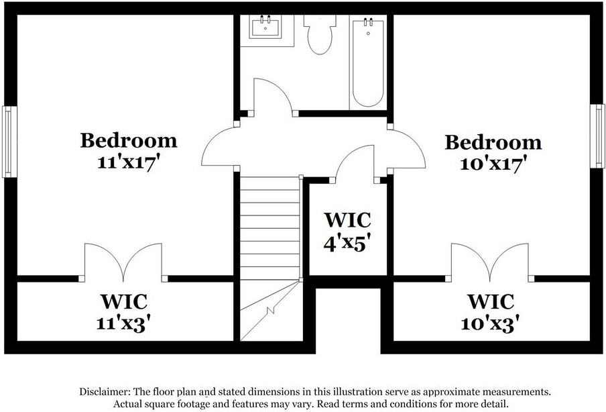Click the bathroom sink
click(267, 28)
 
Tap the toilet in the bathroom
click(320, 34)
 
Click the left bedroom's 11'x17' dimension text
click(129, 162)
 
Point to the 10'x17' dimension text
click(493, 164)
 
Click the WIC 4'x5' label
click(347, 231)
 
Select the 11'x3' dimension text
click(123, 322)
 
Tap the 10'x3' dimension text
click(491, 323)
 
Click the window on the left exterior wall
click(8, 142)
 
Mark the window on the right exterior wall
click(599, 136)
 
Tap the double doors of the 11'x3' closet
click(123, 262)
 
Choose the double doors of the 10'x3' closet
click(490, 262)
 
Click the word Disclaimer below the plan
click(104, 391)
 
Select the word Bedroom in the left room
click(129, 140)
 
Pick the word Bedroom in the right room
click(493, 142)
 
